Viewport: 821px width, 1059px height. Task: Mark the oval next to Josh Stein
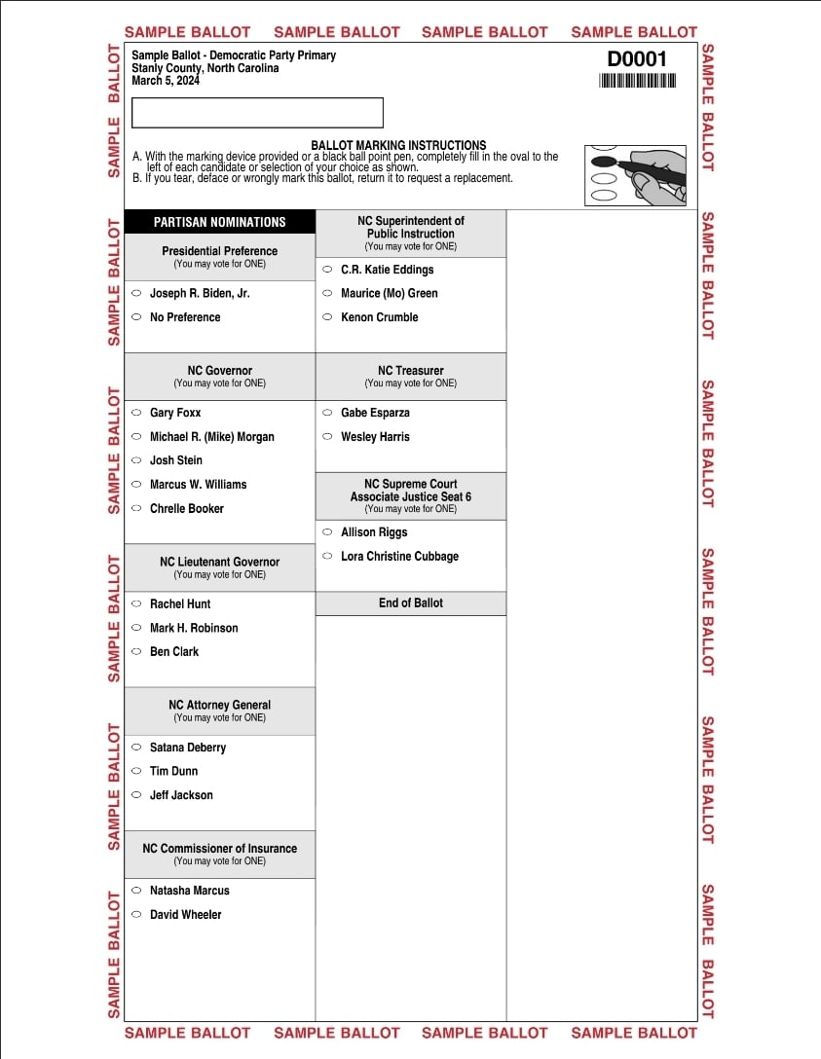(x=136, y=460)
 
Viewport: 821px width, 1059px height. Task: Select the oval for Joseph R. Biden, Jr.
(x=136, y=293)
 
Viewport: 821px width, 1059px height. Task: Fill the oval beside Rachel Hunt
(x=136, y=603)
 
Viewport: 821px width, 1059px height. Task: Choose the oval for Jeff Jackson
(x=136, y=795)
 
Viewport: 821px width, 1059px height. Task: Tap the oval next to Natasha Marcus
(x=136, y=891)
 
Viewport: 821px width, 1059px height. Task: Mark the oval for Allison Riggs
(x=327, y=532)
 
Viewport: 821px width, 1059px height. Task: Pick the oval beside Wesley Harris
(x=327, y=437)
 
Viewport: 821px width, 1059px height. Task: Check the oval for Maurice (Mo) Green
(x=327, y=293)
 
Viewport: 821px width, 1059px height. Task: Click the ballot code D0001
(x=637, y=59)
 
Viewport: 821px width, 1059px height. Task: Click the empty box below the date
(x=257, y=113)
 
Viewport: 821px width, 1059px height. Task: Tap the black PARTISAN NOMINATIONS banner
(x=220, y=222)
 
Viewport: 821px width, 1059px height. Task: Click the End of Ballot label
(x=411, y=603)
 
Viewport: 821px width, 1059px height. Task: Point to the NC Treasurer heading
(x=411, y=371)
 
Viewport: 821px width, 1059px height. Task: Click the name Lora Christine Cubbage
(x=399, y=557)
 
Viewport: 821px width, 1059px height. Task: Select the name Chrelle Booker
(x=187, y=508)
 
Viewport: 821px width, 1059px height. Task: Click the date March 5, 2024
(x=166, y=81)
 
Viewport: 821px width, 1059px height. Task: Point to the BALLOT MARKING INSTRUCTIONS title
(x=398, y=145)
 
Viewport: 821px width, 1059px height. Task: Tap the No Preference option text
(x=185, y=317)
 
